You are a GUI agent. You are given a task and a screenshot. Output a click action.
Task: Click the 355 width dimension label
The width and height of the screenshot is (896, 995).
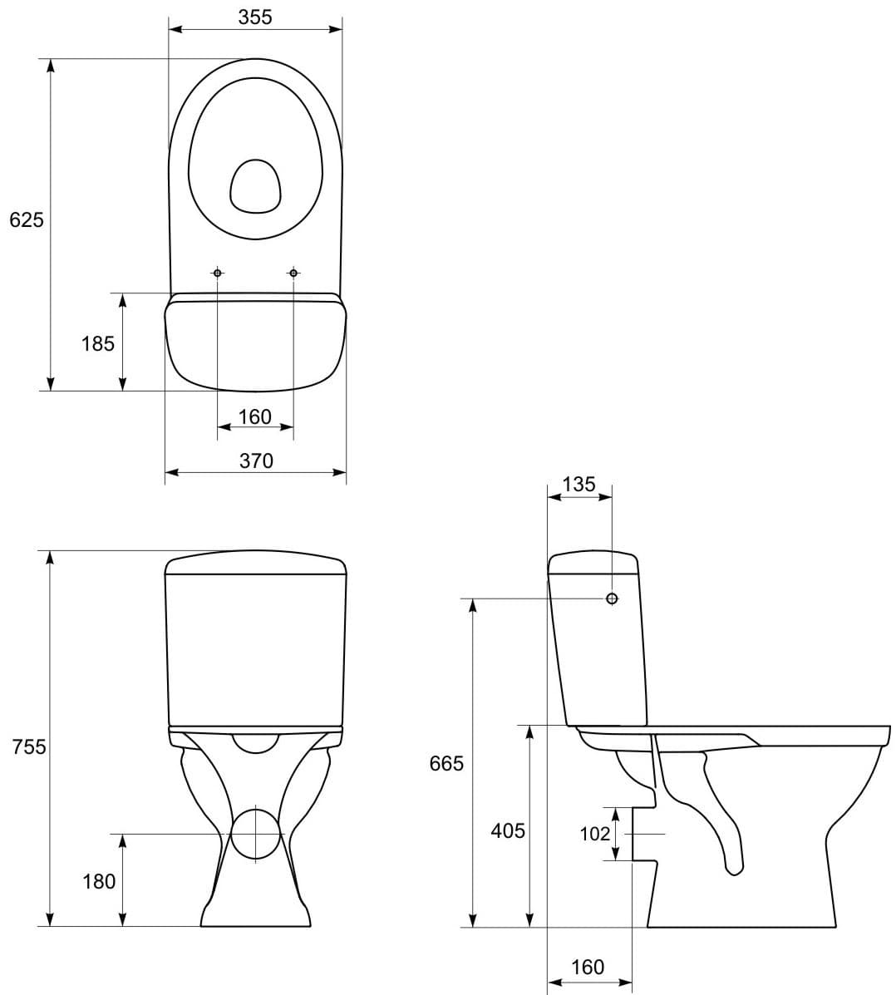point(255,17)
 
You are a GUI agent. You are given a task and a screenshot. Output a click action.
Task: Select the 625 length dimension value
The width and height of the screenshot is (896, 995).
point(26,219)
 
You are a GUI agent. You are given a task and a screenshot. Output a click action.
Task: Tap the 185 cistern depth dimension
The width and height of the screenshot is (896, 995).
point(98,342)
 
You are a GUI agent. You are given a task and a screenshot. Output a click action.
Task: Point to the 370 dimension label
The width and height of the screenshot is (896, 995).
point(256,461)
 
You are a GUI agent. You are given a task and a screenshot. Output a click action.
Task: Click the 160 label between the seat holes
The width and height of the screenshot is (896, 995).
point(255,416)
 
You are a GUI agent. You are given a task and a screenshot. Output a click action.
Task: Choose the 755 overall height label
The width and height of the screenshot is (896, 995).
point(29,746)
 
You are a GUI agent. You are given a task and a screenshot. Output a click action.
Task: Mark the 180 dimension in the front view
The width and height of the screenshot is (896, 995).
point(99,881)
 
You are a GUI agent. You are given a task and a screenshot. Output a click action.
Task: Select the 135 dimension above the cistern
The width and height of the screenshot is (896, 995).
point(578,484)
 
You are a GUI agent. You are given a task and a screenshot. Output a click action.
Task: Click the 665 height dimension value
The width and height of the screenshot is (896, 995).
point(446,763)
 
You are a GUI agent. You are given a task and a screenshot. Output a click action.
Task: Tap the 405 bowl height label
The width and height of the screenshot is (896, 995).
point(508,830)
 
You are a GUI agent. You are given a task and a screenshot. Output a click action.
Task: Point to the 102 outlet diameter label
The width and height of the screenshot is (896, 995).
point(595,834)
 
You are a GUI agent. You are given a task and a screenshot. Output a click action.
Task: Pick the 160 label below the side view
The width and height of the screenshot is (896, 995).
point(588,967)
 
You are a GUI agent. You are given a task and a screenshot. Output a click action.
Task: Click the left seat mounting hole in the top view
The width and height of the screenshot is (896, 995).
point(218,273)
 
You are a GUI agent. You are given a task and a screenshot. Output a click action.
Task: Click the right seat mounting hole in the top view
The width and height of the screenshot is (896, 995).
point(293,273)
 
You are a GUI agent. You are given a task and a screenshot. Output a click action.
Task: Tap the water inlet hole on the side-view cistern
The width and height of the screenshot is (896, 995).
point(612,598)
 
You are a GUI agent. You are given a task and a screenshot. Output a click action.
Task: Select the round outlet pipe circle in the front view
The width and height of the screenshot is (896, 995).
point(256,834)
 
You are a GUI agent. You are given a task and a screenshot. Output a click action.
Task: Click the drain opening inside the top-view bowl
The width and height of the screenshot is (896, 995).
point(255,185)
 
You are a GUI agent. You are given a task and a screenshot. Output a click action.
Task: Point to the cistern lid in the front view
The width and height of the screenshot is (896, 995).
point(255,563)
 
